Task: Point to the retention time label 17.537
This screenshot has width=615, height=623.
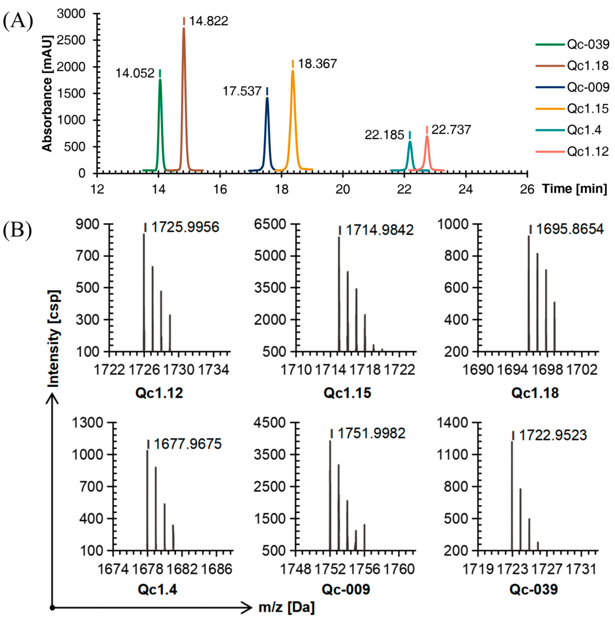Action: tap(242, 91)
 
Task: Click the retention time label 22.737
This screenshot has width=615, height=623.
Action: tap(451, 130)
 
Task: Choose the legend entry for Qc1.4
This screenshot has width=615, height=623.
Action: tap(584, 130)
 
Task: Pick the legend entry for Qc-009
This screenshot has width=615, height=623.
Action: tap(588, 87)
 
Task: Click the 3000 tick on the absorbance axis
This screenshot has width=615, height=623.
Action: tap(71, 14)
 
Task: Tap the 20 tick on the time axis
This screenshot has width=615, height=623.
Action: tap(342, 189)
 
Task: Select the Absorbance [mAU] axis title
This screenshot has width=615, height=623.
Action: tap(47, 94)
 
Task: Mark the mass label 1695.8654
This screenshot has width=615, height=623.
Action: tap(570, 229)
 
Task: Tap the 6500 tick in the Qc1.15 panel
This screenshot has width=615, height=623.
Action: tap(270, 224)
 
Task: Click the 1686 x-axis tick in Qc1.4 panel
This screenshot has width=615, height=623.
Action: tap(216, 569)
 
